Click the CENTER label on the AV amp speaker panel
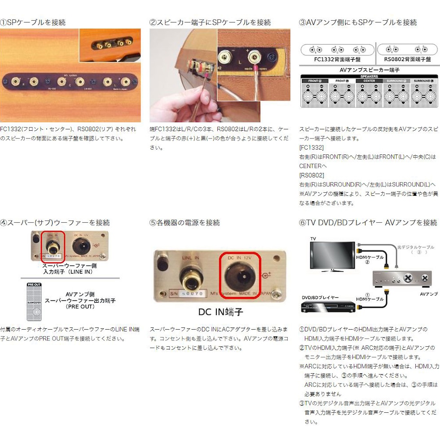coord(370,81)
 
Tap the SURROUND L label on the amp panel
coord(422,81)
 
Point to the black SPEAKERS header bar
coord(370,76)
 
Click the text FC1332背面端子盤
coord(337,59)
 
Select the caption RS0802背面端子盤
coord(407,59)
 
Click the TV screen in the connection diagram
coord(331,255)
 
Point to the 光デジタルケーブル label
coord(416,247)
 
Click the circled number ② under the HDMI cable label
coord(367,262)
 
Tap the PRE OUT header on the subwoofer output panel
coord(34,284)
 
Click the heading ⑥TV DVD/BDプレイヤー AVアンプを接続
coord(368,222)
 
